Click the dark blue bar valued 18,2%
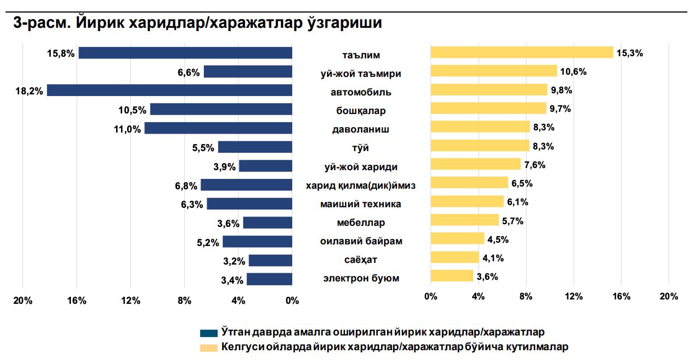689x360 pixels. (x=170, y=90)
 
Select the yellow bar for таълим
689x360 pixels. (x=522, y=52)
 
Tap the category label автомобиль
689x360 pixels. (x=361, y=92)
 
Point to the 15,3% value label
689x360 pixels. (x=630, y=53)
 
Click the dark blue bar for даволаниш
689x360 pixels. (x=218, y=128)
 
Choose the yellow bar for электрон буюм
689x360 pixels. (x=452, y=276)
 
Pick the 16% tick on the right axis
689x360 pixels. (x=621, y=296)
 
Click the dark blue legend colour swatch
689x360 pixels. (x=209, y=333)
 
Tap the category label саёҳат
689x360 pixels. (x=361, y=260)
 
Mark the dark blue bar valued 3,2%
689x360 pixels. (x=270, y=261)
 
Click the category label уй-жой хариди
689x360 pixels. (x=361, y=167)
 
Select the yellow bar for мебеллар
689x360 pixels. (x=464, y=220)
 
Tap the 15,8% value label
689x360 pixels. (x=61, y=53)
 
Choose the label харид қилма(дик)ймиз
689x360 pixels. (x=361, y=185)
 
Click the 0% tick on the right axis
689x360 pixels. (x=431, y=296)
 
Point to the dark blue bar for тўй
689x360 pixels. (x=255, y=147)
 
